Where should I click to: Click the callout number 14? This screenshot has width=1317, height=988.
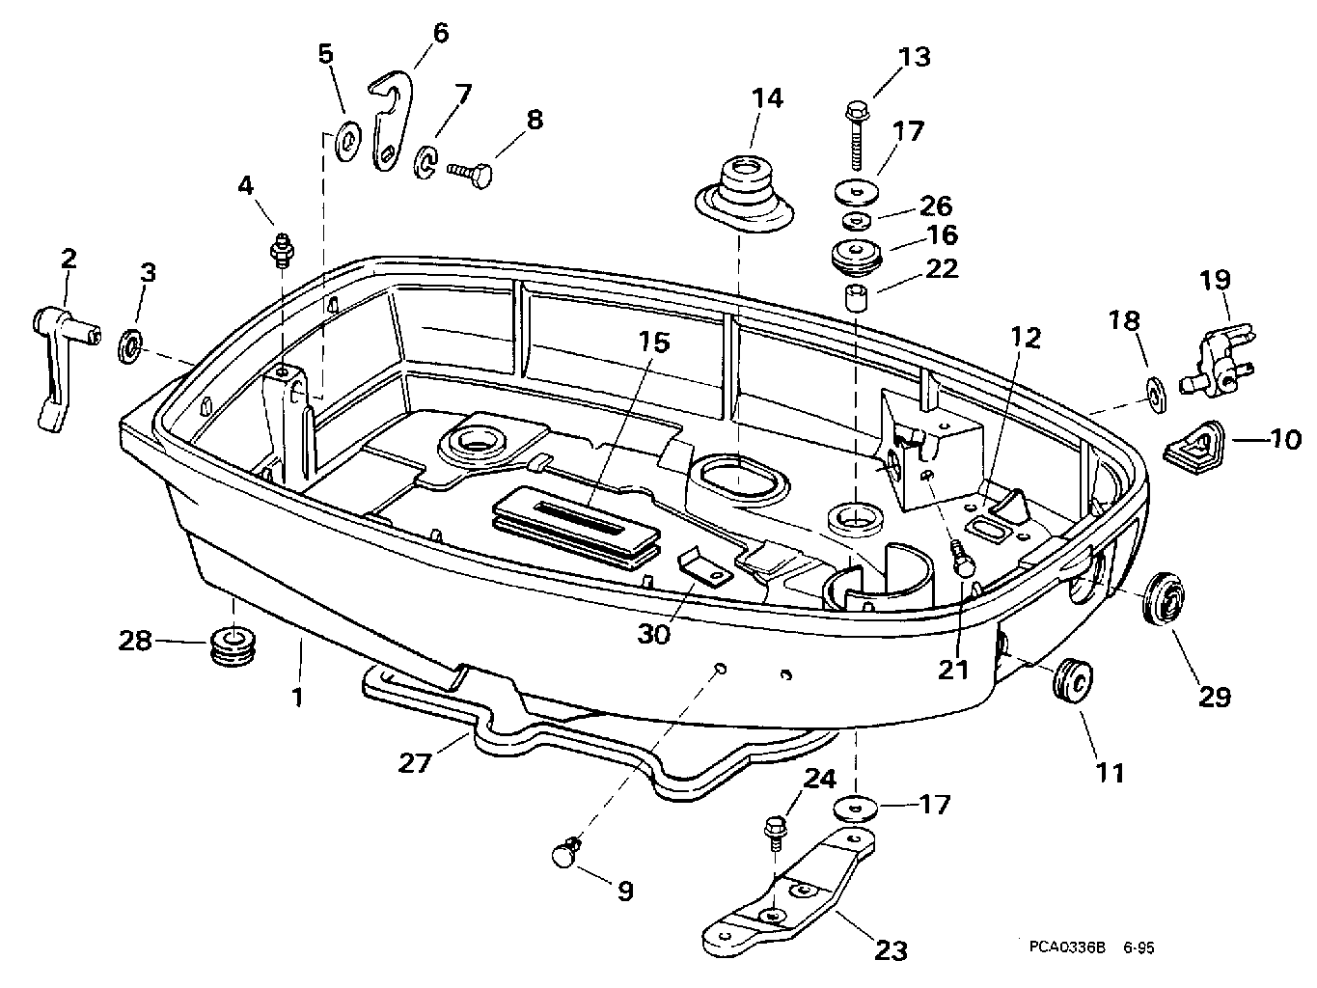(767, 97)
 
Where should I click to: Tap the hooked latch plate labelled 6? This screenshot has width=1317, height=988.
(393, 120)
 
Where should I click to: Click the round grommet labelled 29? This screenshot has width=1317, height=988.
(1164, 599)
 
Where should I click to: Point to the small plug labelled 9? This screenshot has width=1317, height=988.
(566, 853)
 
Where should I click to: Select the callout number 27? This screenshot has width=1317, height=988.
(415, 763)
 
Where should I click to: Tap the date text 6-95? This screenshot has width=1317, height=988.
(1139, 947)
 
